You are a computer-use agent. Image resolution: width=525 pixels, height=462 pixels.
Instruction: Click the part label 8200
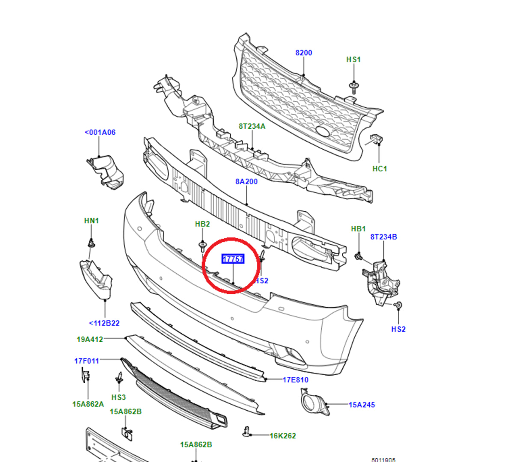303,53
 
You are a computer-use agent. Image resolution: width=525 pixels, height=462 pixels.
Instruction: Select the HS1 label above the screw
353,59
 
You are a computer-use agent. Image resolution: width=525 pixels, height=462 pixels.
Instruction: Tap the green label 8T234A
252,127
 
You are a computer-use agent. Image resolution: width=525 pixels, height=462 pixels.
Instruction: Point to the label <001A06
100,133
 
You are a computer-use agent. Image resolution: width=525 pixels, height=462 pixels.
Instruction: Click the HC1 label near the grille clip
380,169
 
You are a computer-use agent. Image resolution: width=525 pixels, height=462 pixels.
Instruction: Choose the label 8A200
246,182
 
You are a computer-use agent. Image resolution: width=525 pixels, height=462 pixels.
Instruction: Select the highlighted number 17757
233,259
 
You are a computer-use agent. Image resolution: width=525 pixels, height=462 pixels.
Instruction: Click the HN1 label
92,221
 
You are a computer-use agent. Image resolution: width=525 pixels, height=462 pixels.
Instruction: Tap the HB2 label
202,224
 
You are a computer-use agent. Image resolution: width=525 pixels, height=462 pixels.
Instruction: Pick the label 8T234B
383,237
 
